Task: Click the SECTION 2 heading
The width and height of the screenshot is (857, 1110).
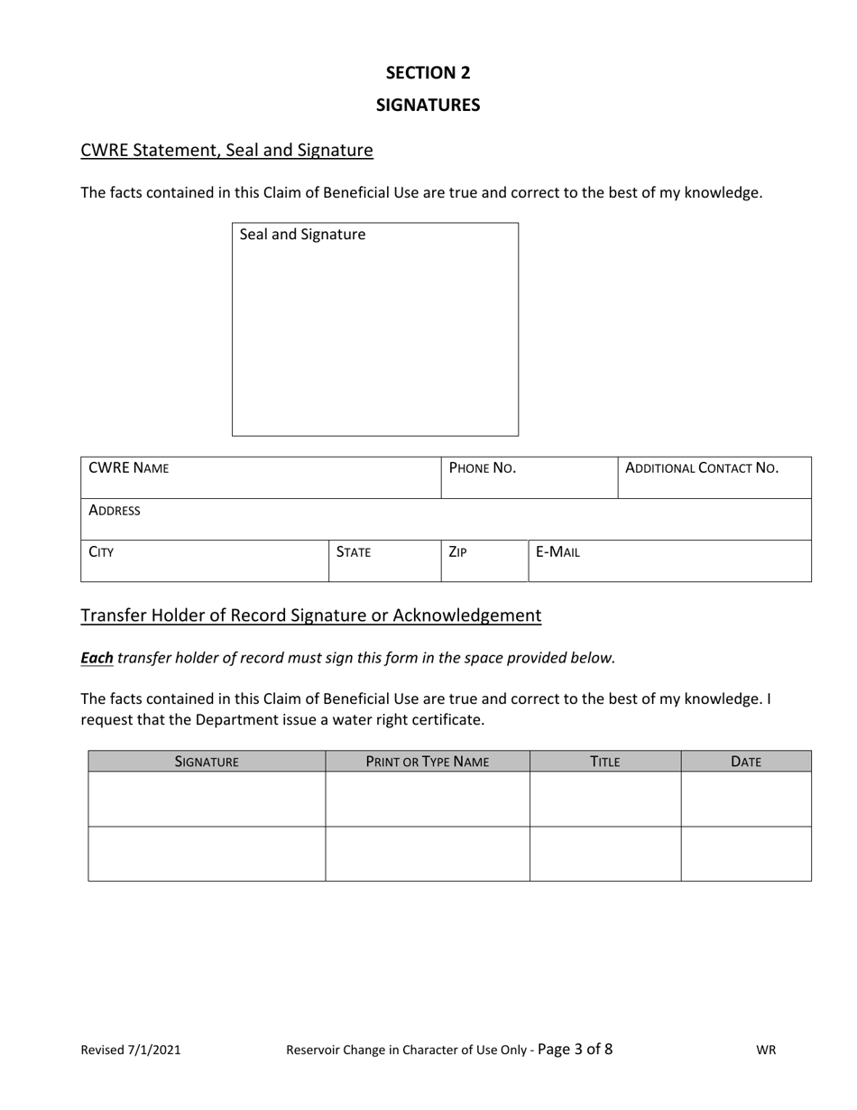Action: pyautogui.click(x=428, y=73)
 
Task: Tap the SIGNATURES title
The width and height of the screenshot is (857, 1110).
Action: pyautogui.click(x=428, y=105)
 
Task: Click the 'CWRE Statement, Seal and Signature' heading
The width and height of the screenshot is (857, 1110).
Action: pyautogui.click(x=226, y=151)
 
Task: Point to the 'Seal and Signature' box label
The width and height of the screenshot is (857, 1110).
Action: pyautogui.click(x=302, y=235)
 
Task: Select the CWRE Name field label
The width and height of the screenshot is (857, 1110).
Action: pyautogui.click(x=128, y=468)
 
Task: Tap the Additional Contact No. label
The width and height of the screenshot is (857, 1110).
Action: pyautogui.click(x=701, y=468)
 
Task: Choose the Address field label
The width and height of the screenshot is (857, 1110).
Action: pyautogui.click(x=115, y=511)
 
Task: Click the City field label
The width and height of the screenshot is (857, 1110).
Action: pyautogui.click(x=101, y=552)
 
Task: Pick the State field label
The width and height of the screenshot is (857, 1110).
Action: pyautogui.click(x=353, y=552)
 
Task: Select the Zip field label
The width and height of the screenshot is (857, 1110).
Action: pyautogui.click(x=457, y=552)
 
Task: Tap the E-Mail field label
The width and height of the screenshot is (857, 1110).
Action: pyautogui.click(x=558, y=552)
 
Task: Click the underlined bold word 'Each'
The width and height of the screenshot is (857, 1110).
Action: pyautogui.click(x=97, y=658)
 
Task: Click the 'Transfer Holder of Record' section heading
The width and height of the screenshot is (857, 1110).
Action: pyautogui.click(x=310, y=615)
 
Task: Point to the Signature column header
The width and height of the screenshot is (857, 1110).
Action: pyautogui.click(x=207, y=762)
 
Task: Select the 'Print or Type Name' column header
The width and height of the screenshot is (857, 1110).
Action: pyautogui.click(x=428, y=762)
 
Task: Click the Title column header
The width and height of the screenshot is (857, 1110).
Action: pyautogui.click(x=604, y=762)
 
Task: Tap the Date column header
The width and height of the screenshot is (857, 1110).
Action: pyautogui.click(x=746, y=762)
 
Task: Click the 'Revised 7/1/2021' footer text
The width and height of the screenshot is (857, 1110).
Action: pyautogui.click(x=131, y=1050)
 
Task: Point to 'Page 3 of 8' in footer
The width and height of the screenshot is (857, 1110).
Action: pyautogui.click(x=575, y=1049)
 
